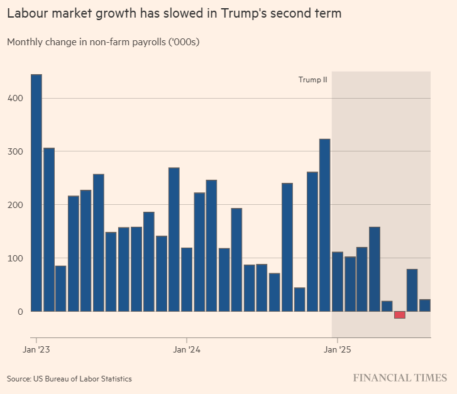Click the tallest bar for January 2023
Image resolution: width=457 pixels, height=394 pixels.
(36, 192)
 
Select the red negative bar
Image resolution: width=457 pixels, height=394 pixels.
(400, 315)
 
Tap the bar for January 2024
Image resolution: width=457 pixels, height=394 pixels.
(187, 280)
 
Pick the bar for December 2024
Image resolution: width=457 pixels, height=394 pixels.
(325, 225)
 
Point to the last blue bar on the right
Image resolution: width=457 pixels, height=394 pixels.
(425, 305)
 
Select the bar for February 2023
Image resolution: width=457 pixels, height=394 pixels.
(49, 229)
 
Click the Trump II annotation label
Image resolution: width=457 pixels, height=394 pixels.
(312, 80)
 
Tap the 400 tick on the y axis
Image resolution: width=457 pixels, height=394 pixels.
(16, 99)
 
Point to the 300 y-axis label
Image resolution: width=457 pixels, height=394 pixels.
(16, 152)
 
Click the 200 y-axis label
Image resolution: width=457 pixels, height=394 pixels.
(16, 205)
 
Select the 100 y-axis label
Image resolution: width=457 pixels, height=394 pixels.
(16, 258)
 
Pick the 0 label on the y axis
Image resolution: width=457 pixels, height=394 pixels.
(21, 312)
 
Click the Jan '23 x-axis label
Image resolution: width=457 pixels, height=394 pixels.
(37, 349)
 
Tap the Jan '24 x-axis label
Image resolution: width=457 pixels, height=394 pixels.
(187, 349)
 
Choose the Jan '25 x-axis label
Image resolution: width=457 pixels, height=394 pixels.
(338, 349)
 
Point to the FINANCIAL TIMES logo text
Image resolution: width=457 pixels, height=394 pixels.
(400, 378)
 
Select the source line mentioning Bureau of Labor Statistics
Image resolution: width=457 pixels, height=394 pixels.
(69, 378)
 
